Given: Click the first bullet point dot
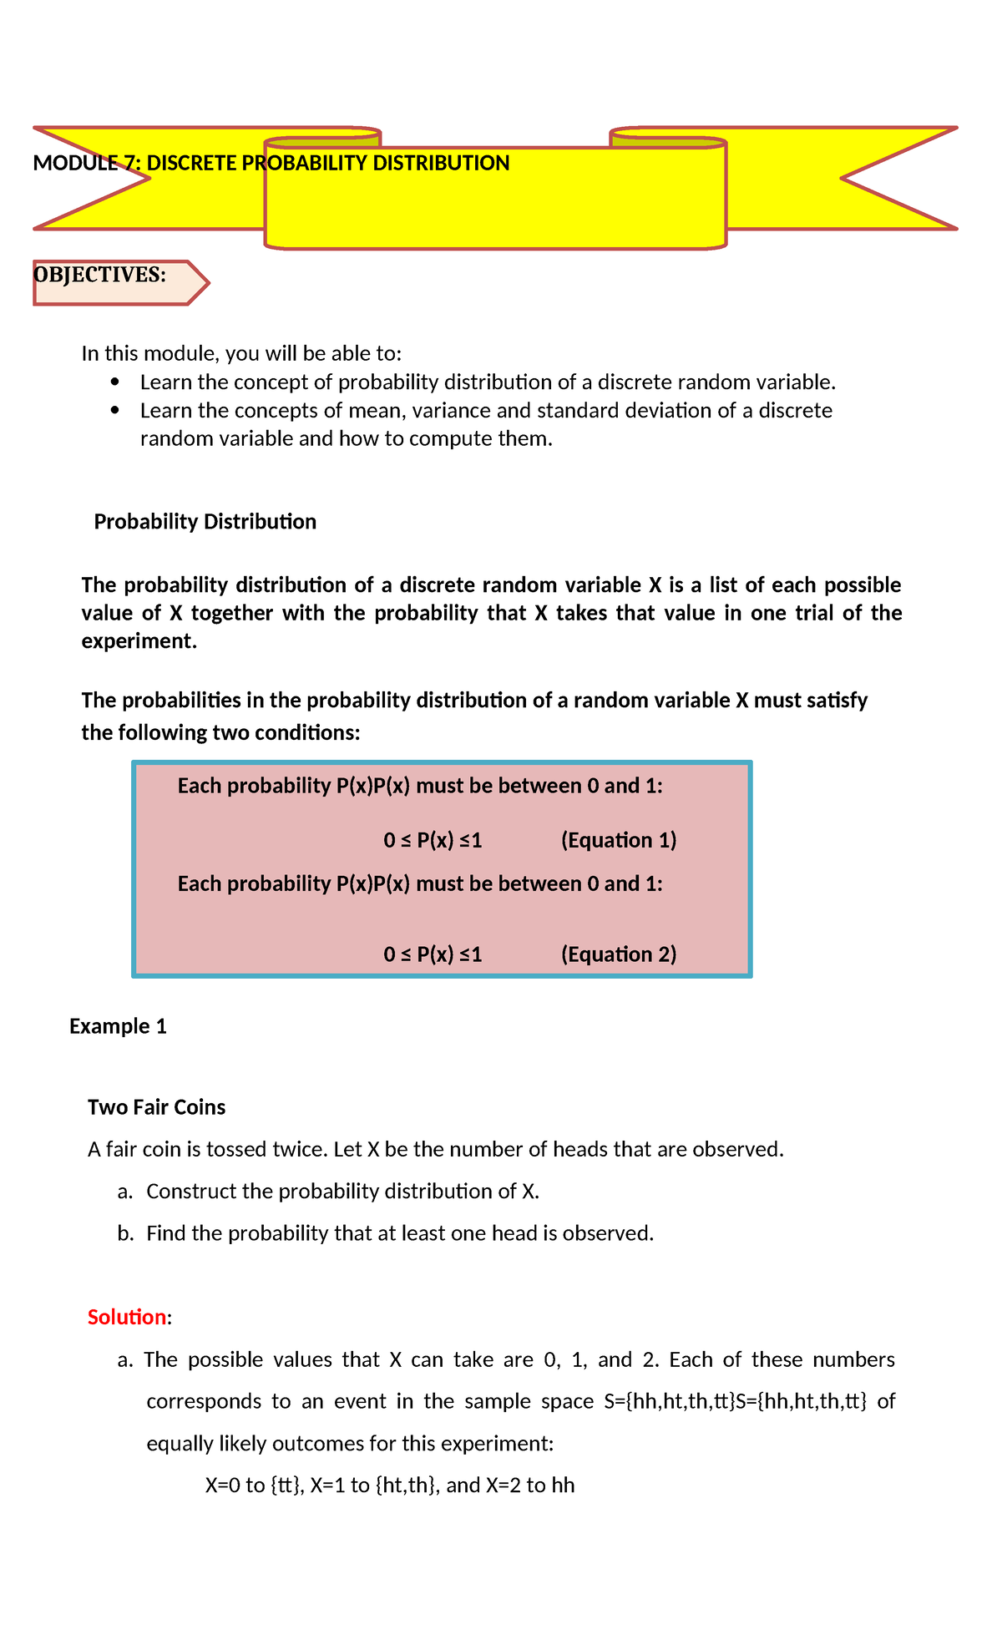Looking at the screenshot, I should tap(115, 382).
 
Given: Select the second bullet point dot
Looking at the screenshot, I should tap(115, 411).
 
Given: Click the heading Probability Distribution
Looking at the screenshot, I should tap(205, 522).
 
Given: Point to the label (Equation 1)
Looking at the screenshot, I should tap(618, 840).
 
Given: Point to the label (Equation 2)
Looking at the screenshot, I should tap(618, 954).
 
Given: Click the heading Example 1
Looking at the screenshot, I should tap(118, 1026).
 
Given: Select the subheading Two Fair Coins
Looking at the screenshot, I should tap(156, 1107).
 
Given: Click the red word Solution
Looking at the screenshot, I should tap(127, 1317).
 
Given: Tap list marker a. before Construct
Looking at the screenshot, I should tap(125, 1192).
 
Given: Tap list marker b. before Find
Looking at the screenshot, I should tap(126, 1233).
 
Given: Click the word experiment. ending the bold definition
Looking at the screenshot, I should tap(139, 641).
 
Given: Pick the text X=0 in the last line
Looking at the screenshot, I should tap(223, 1486).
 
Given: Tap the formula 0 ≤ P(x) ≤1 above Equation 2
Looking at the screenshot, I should tap(433, 954).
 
